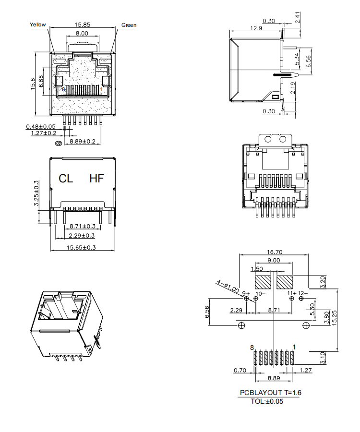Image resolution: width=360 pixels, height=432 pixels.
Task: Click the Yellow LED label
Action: click(x=38, y=24)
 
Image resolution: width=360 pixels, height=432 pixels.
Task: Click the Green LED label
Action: click(x=129, y=25)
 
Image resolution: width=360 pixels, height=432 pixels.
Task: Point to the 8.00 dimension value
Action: click(x=82, y=33)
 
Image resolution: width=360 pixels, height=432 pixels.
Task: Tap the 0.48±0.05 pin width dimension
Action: click(x=41, y=126)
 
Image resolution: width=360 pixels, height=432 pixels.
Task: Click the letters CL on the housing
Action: click(x=66, y=179)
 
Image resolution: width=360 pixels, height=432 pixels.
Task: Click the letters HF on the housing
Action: click(x=96, y=179)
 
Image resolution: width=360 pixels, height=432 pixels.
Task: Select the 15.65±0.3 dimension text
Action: click(x=81, y=248)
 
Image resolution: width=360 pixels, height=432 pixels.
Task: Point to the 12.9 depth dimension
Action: click(x=256, y=28)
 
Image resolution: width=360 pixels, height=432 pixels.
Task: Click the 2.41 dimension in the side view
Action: click(x=298, y=19)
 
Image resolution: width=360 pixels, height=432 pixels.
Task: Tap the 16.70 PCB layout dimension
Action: click(x=274, y=252)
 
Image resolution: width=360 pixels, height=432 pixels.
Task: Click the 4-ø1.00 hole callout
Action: click(x=228, y=286)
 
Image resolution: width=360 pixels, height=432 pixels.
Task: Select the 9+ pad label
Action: click(x=246, y=293)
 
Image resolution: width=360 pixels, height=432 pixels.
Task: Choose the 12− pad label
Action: click(x=303, y=293)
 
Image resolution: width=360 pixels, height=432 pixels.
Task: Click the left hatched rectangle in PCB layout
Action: click(x=263, y=282)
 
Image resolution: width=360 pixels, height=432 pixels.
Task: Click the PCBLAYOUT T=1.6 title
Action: click(x=271, y=393)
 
